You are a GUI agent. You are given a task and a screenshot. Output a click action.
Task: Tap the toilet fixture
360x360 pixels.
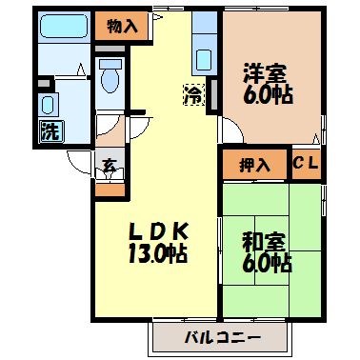(x=110, y=78)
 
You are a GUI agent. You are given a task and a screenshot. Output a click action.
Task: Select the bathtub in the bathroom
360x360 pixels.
(x=65, y=26)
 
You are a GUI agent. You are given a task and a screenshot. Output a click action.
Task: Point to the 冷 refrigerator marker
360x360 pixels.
(x=193, y=94)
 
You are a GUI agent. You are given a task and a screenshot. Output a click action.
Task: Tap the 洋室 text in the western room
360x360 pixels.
(x=262, y=72)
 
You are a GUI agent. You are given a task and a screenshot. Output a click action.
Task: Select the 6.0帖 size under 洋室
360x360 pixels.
(x=262, y=95)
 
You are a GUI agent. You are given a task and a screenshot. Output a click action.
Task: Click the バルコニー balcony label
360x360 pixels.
(x=222, y=335)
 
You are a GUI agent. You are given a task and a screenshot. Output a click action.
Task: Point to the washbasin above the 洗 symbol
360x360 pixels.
(x=48, y=102)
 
